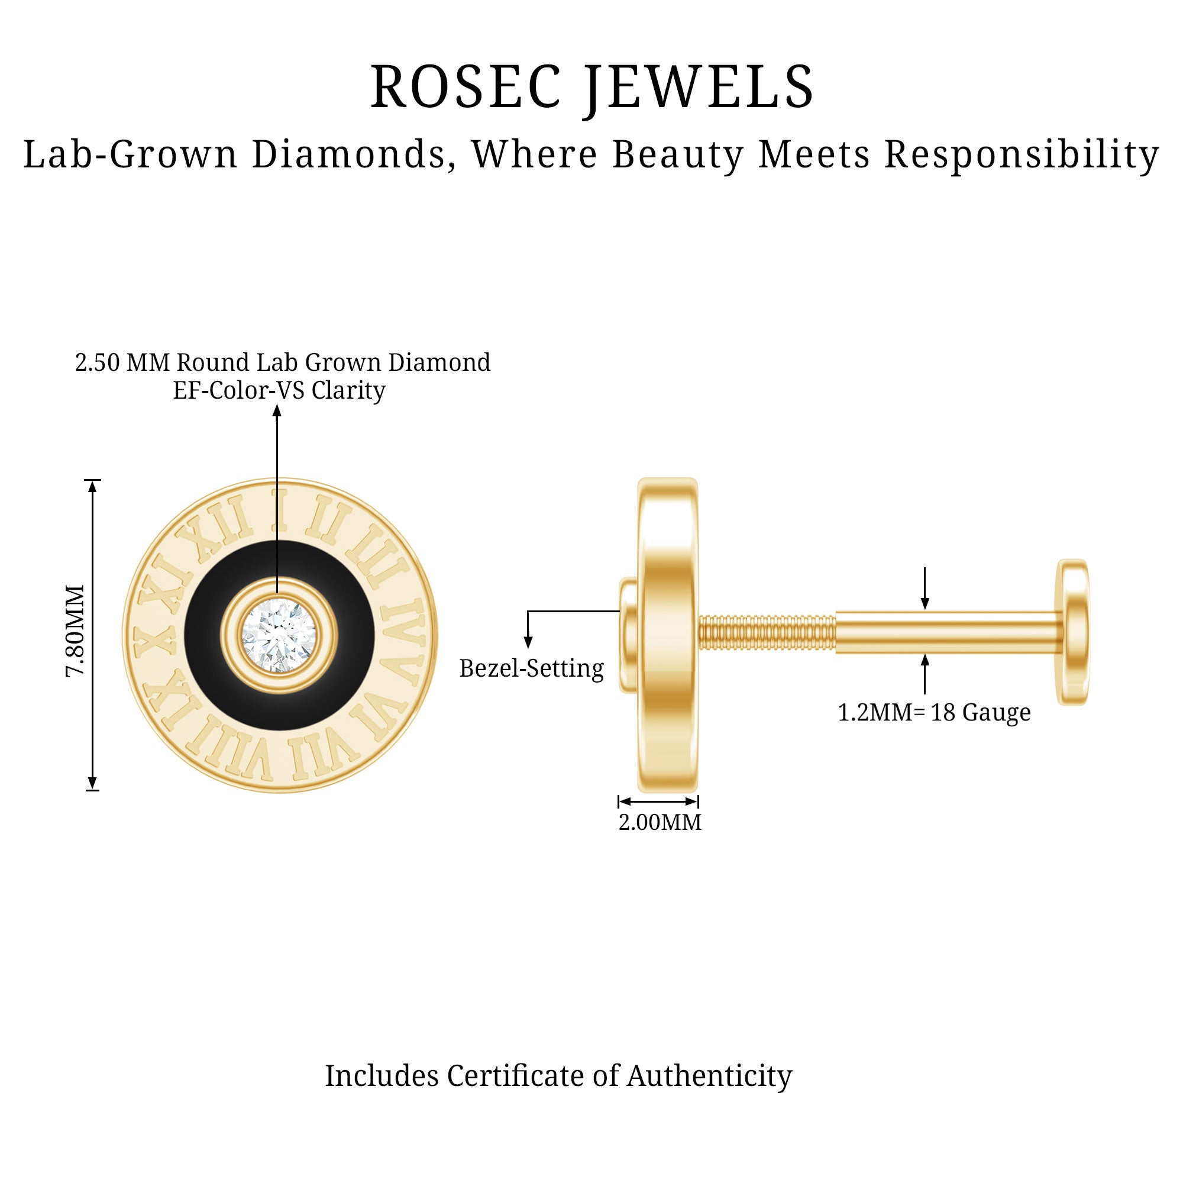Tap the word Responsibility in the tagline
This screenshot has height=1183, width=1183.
pos(1022,155)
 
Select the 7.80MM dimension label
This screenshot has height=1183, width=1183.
pos(75,631)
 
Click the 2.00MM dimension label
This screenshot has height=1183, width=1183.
pos(660,822)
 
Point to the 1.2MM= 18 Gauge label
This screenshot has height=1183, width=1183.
pos(934,713)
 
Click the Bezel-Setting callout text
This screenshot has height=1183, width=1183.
pos(532,668)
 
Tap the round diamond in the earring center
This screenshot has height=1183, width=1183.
pos(279,636)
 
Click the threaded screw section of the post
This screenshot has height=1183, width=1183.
pos(767,632)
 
